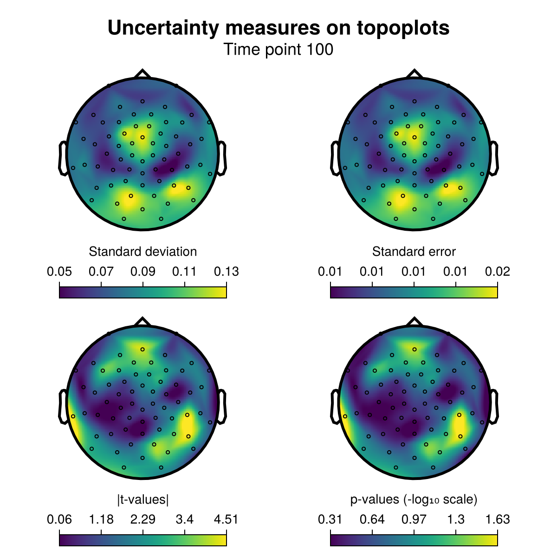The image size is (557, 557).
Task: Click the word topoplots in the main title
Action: [403, 28]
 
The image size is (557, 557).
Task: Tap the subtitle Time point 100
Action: [278, 50]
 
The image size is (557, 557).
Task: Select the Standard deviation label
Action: [143, 252]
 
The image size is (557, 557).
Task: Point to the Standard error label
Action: [414, 252]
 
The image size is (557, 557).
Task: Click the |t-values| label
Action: [143, 500]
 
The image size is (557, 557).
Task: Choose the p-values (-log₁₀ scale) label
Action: [414, 500]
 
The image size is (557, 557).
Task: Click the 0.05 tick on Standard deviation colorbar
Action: [59, 272]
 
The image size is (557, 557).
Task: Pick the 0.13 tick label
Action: [227, 272]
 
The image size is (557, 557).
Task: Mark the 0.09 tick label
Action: [143, 272]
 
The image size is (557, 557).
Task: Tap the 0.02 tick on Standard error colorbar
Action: [498, 272]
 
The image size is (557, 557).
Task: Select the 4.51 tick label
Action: [227, 519]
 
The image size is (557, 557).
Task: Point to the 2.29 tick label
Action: [143, 519]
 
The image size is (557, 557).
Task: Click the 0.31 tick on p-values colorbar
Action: [330, 519]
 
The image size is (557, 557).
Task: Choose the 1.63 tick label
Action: [498, 519]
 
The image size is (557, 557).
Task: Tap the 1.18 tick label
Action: [101, 519]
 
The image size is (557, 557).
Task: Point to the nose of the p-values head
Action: [414, 321]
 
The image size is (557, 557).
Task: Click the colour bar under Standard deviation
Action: [143, 292]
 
